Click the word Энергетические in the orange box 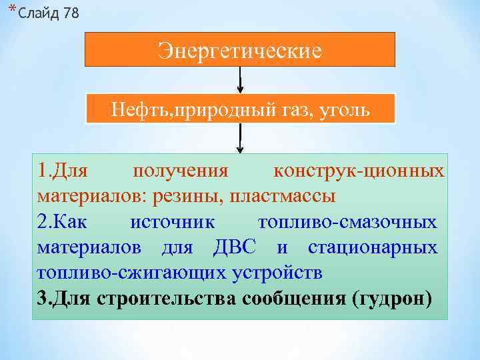(240, 50)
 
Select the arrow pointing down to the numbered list (240, 140)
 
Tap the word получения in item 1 (181, 172)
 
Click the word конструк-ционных (359, 172)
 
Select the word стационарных (373, 247)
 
